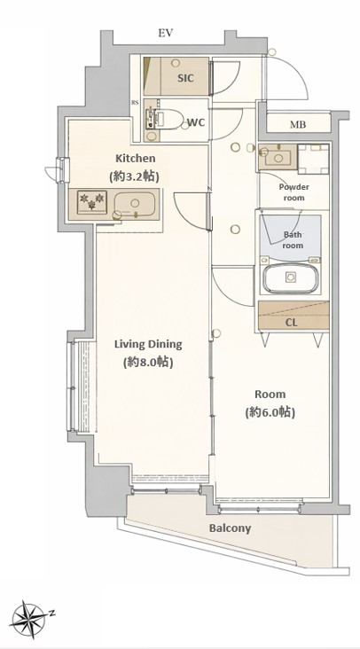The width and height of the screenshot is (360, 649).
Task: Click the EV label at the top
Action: click(x=165, y=33)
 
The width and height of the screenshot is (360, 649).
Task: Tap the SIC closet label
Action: click(x=185, y=78)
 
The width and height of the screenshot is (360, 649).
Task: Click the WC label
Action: click(x=196, y=122)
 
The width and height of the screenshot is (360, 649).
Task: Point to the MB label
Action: click(x=298, y=124)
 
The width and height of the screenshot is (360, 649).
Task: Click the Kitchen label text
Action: click(x=135, y=159)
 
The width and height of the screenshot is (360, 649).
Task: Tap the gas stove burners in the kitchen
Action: click(x=92, y=202)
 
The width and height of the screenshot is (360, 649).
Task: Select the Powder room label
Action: click(x=293, y=192)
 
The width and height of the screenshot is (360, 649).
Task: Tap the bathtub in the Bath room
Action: click(x=292, y=278)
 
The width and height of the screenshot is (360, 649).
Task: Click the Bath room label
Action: click(x=293, y=240)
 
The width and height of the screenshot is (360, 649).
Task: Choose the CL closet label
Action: click(x=292, y=323)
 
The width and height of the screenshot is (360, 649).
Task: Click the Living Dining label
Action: click(x=148, y=344)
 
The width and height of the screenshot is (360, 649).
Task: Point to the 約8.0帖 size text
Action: click(x=148, y=362)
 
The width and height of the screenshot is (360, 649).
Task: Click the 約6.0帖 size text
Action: click(x=270, y=412)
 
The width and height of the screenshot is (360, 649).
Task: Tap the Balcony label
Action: click(x=230, y=528)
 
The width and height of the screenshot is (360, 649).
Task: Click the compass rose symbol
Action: click(x=28, y=620)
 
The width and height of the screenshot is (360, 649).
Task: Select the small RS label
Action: click(x=136, y=103)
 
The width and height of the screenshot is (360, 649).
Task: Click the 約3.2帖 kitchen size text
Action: click(x=135, y=176)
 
